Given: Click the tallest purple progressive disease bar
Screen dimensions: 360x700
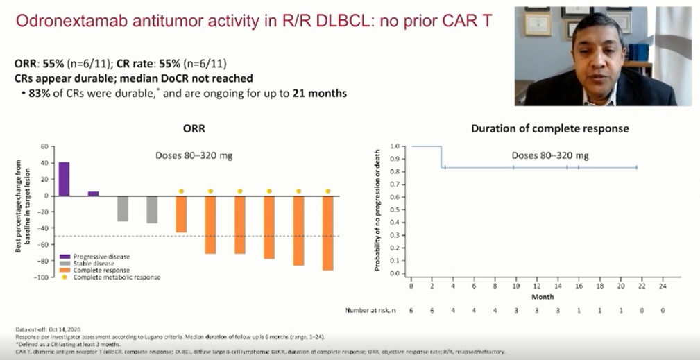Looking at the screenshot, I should tap(64, 179).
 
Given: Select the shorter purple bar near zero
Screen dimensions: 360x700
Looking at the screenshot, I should tap(93, 194).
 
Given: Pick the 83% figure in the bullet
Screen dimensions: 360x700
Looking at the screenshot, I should tap(40, 93).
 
